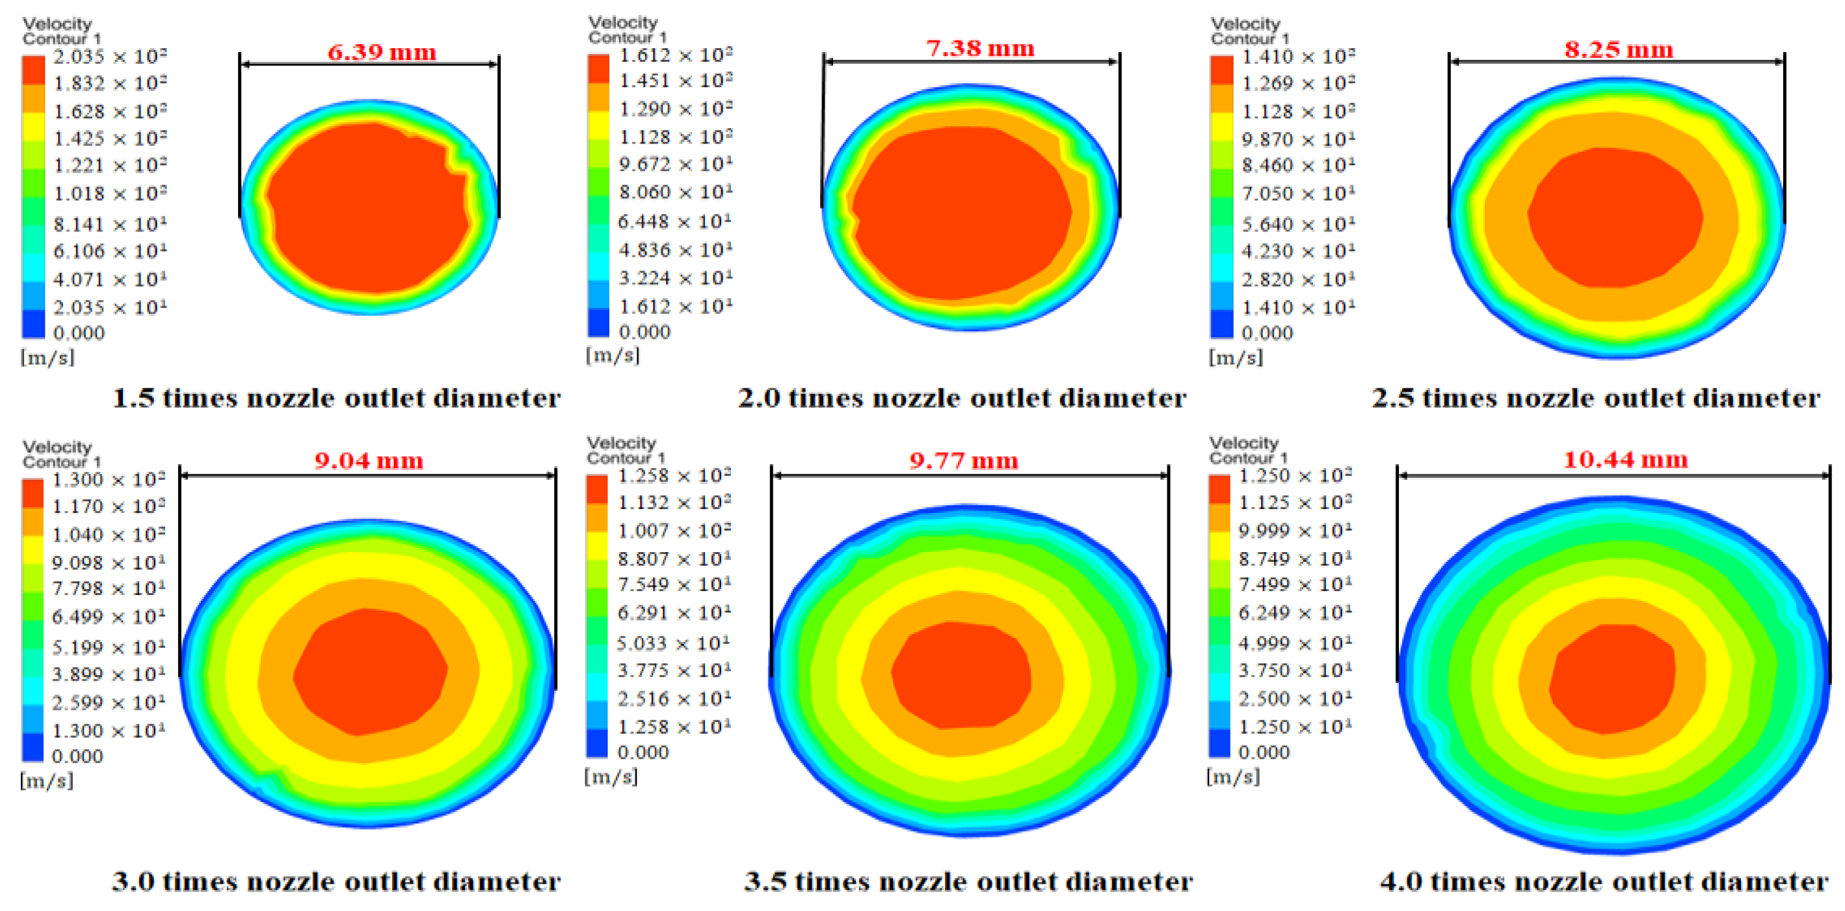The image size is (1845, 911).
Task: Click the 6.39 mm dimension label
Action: tap(382, 52)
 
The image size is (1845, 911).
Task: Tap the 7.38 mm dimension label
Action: tap(980, 49)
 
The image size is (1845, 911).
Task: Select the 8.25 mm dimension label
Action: tap(1618, 50)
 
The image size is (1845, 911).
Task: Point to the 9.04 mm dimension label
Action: tap(369, 460)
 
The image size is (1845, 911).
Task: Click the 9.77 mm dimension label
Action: tap(963, 460)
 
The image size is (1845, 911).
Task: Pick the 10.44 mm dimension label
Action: tap(1625, 459)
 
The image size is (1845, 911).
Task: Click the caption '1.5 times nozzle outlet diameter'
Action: tap(337, 398)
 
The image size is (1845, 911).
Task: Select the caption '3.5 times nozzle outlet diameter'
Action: tap(968, 882)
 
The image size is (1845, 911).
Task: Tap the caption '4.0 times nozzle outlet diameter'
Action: tap(1604, 882)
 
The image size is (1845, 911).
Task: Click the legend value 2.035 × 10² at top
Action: tap(110, 57)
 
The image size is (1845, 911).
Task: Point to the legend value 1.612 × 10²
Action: tap(676, 55)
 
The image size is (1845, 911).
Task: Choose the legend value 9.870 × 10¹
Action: tap(1298, 139)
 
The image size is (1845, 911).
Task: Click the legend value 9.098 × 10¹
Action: tap(108, 562)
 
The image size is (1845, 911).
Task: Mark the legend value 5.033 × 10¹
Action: tap(673, 643)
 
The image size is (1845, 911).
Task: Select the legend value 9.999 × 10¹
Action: tap(1295, 531)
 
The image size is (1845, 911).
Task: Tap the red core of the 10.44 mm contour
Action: tap(1612, 678)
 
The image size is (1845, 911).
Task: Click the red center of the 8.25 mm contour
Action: tap(1615, 217)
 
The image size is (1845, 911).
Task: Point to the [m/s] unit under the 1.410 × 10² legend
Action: tap(1236, 358)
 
